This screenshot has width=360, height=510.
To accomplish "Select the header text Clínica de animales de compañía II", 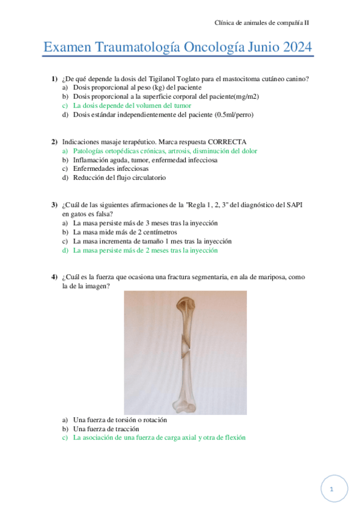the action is (262, 22).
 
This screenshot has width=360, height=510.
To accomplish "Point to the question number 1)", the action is (54, 79).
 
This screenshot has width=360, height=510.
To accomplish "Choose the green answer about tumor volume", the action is (132, 105).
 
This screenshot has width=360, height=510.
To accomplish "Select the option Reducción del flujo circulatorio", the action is (119, 177).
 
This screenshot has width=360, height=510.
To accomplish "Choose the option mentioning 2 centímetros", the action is (124, 232).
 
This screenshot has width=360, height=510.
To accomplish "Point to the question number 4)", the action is (54, 277).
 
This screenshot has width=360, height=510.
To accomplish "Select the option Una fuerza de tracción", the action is (106, 429).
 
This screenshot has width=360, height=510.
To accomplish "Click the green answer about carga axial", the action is (159, 438).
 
